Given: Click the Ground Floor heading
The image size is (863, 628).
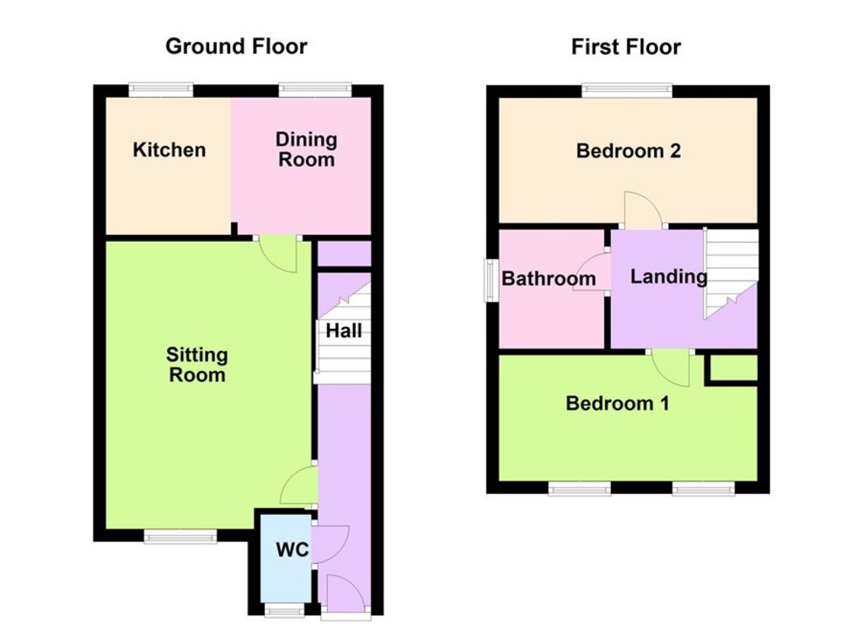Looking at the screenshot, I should tap(236, 46).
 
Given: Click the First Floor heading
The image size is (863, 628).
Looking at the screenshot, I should tap(625, 46).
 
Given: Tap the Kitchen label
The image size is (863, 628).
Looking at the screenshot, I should tap(169, 150).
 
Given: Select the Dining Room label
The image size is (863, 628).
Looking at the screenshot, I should tap(307, 149).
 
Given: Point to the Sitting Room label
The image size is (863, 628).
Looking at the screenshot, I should tap(197, 365).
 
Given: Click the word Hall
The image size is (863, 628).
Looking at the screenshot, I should tap(344, 331).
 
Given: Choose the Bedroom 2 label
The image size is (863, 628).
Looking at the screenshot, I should tap(628, 151).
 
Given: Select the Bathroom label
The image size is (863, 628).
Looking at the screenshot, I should tap(549, 278).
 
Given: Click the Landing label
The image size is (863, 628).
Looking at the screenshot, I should tap(668, 276).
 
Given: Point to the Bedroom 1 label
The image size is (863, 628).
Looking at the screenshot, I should tap(617, 404).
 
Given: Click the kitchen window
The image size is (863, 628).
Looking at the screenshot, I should tap(161, 89).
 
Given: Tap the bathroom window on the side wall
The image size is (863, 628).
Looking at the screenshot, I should tap(489, 280).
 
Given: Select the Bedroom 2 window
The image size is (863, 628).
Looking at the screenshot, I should tap(626, 89).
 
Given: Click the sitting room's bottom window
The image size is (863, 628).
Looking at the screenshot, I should tap(180, 536).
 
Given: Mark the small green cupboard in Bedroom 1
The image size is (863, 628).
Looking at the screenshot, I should tap(732, 368).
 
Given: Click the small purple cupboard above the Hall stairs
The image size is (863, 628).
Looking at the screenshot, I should tap(344, 254).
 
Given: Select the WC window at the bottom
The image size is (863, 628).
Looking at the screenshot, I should tap(284, 610).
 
